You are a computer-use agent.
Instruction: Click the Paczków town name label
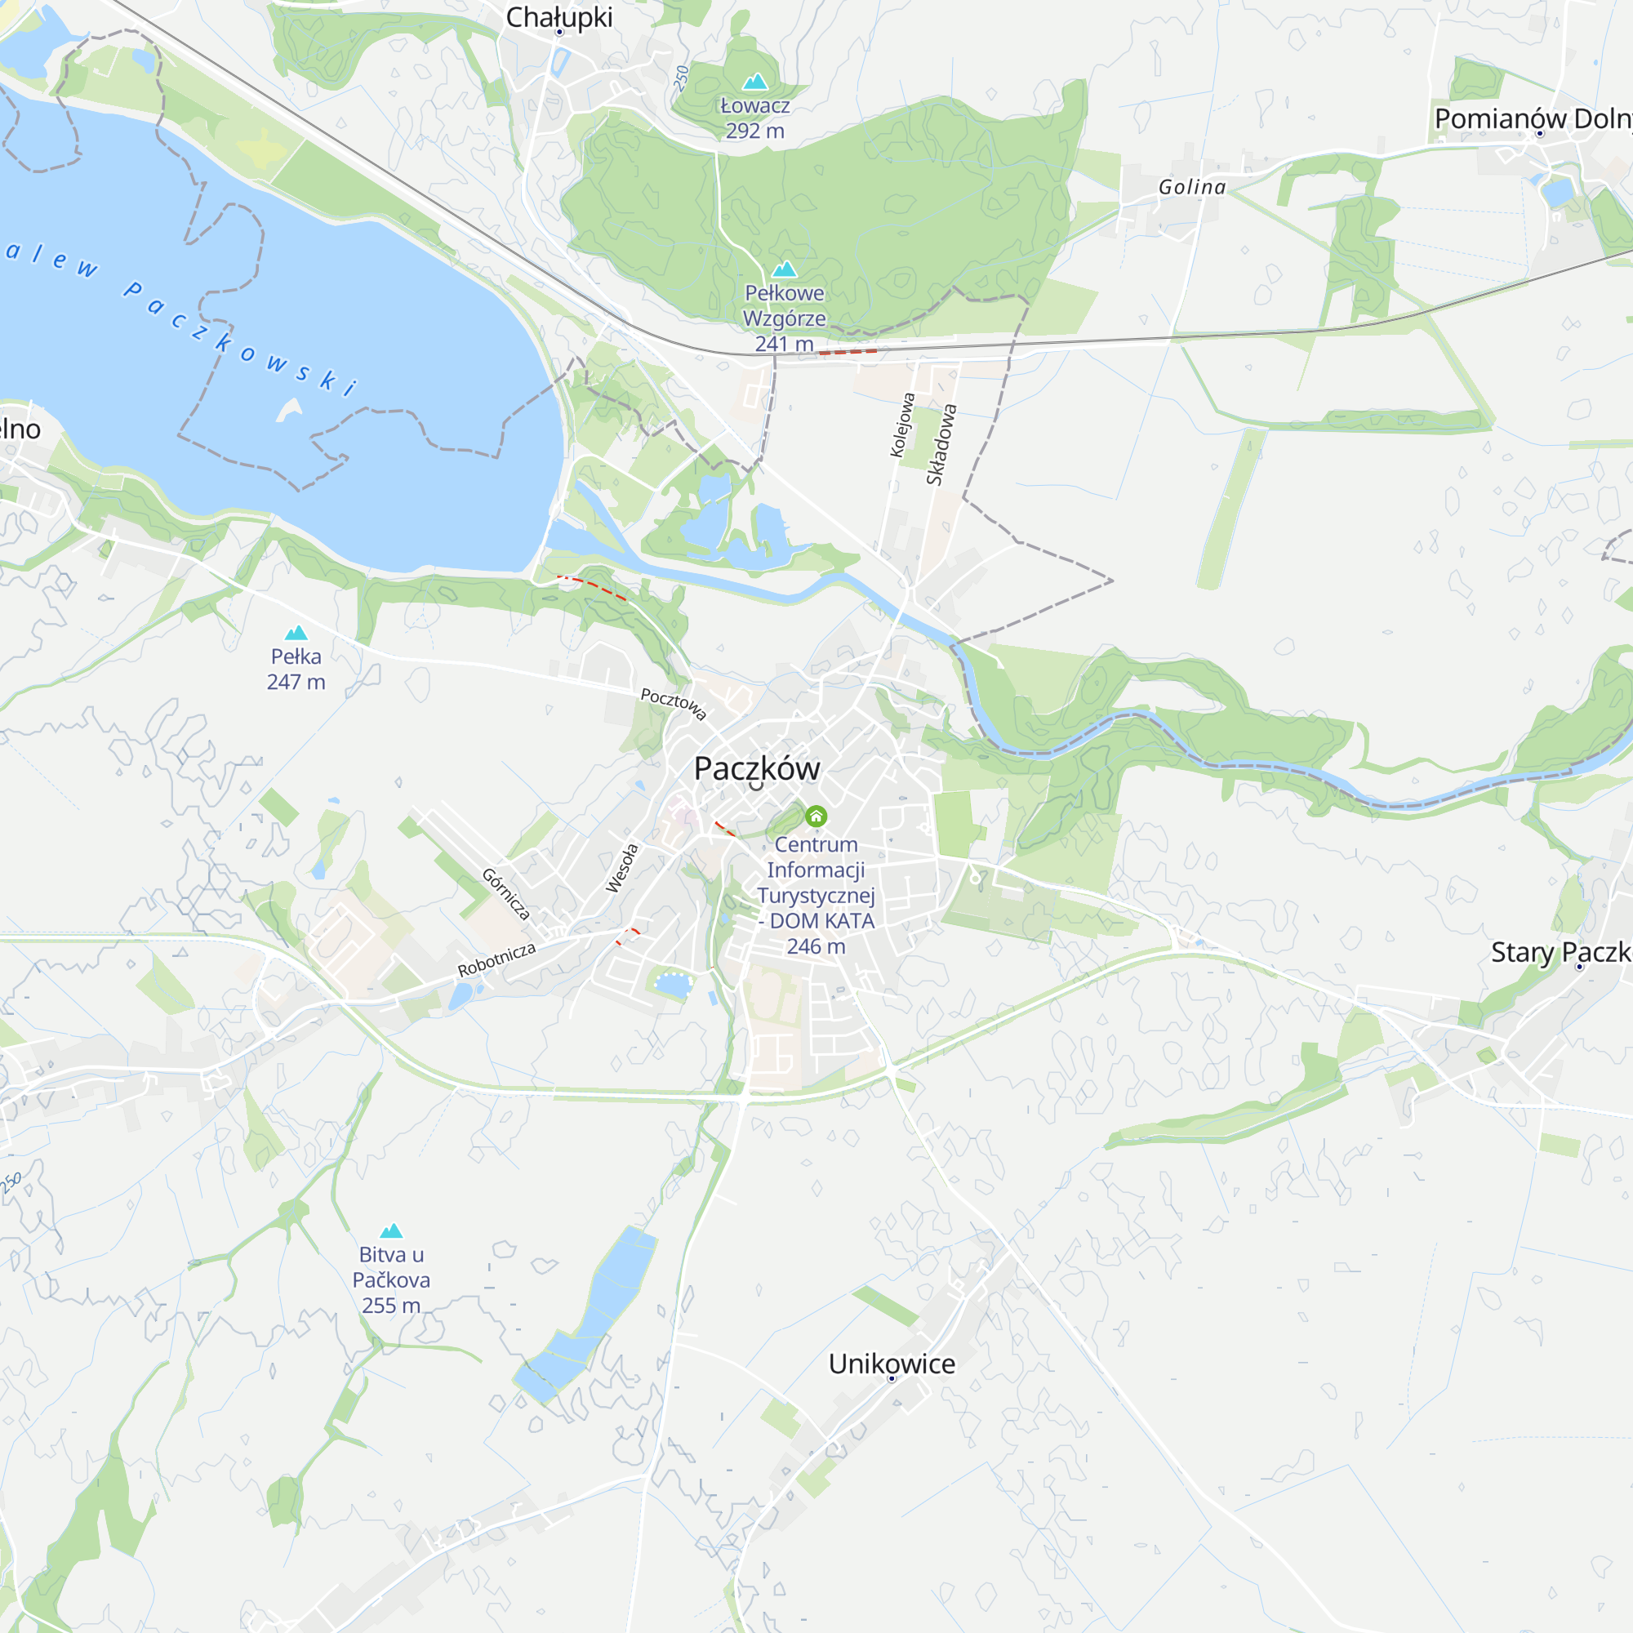point(757,768)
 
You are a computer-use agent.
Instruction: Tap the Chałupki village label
point(558,17)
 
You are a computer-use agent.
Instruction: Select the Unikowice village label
point(891,1364)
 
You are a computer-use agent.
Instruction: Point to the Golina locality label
point(1192,187)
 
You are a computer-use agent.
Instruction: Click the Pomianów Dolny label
point(1533,119)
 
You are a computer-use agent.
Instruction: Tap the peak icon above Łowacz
point(754,81)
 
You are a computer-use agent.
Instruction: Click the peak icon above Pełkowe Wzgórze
point(785,269)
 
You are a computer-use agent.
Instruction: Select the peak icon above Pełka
point(296,633)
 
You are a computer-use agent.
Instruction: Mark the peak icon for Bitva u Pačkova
point(390,1230)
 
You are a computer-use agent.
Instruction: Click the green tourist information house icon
point(816,816)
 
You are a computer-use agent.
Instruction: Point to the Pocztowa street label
point(673,703)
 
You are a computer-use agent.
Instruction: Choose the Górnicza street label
point(506,893)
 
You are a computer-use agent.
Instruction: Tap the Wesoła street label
point(621,868)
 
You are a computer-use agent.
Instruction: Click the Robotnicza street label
point(496,959)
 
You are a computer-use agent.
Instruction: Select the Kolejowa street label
point(902,425)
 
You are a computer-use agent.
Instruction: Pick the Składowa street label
point(941,445)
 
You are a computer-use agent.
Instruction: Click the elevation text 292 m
point(754,131)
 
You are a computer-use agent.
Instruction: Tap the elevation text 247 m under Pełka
point(296,682)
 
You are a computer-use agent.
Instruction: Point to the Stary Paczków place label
point(1560,953)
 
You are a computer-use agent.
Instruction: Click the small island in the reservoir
point(290,409)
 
